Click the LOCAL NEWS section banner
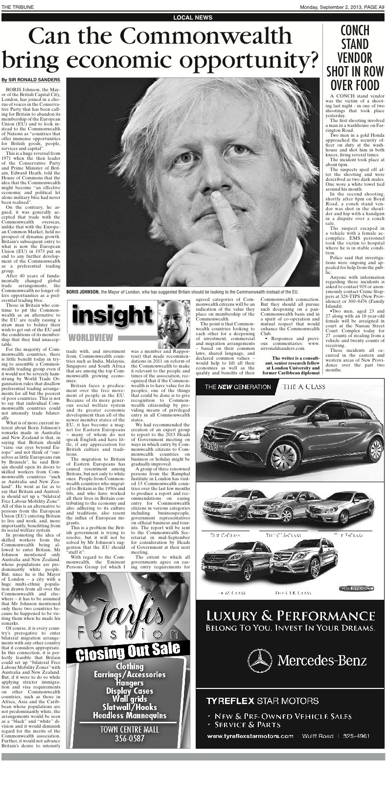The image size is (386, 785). point(193,18)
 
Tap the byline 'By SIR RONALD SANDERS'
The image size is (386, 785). point(31,80)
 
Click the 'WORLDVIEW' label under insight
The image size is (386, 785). point(92,338)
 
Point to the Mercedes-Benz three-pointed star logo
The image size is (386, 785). point(259,661)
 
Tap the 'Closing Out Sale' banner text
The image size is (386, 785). point(128,651)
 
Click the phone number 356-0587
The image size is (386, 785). point(130,738)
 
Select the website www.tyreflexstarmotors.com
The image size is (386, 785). point(250,736)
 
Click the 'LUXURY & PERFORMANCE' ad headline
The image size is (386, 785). point(290,615)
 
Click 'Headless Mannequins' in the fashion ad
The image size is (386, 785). point(130,715)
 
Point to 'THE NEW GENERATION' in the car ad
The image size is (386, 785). point(238,387)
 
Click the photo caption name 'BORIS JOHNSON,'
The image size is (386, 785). point(83,292)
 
